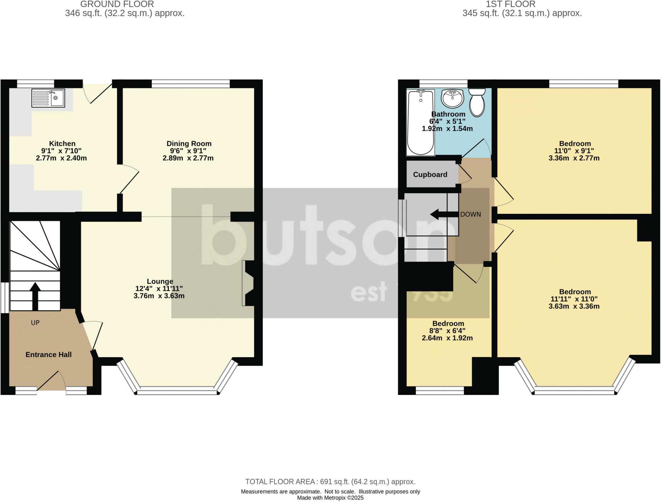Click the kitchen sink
coord(48,98)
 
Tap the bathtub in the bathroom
coord(420,123)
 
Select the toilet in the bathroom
coord(477,103)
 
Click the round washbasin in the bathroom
coord(453,98)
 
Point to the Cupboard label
coord(430,175)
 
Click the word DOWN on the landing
coord(470,214)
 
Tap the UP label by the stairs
coord(35,323)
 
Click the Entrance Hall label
coord(48,355)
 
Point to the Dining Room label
coord(189,144)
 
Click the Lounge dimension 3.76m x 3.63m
coord(159,296)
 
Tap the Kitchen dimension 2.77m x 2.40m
coord(61,158)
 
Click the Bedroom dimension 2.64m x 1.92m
coord(447,338)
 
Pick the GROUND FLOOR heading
coord(117,4)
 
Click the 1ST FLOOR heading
coord(510,4)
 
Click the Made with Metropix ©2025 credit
coord(330,498)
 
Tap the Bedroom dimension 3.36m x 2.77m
coord(574,158)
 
